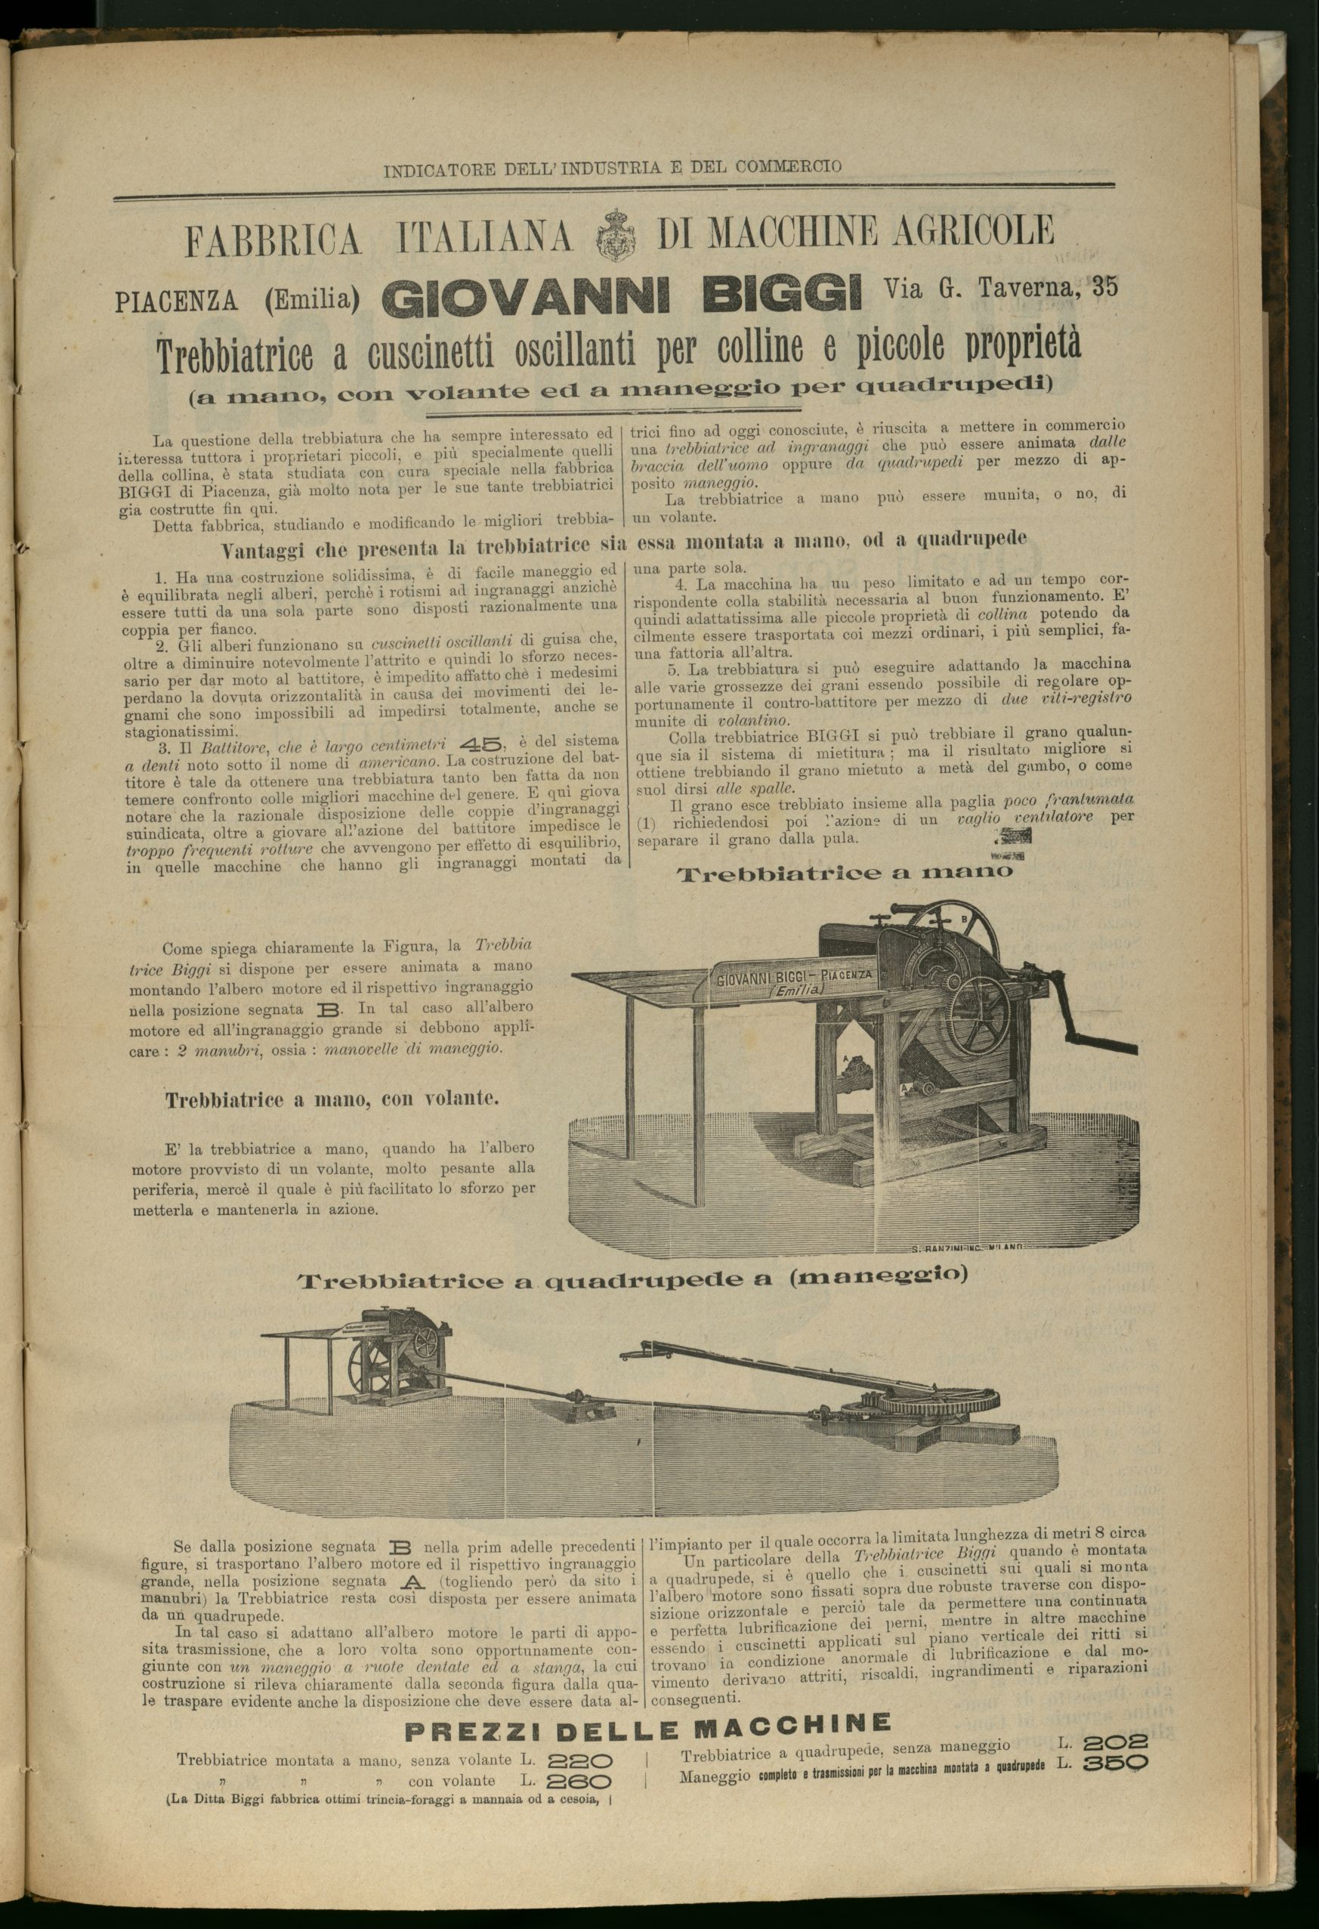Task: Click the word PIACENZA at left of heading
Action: point(176,301)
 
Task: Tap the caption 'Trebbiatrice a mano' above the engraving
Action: point(845,873)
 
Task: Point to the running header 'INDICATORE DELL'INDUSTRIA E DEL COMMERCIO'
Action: point(613,167)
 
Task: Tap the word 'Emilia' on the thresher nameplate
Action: point(798,992)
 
